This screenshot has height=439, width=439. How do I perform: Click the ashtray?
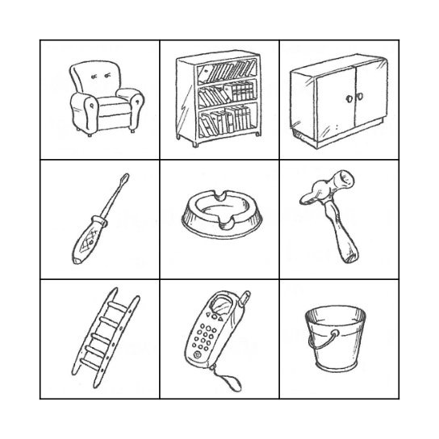pos(219,219)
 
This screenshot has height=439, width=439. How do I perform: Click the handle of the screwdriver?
pos(86,241)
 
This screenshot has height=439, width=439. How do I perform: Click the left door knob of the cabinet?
pos(349,98)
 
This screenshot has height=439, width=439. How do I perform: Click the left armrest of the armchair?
pos(81,109)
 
